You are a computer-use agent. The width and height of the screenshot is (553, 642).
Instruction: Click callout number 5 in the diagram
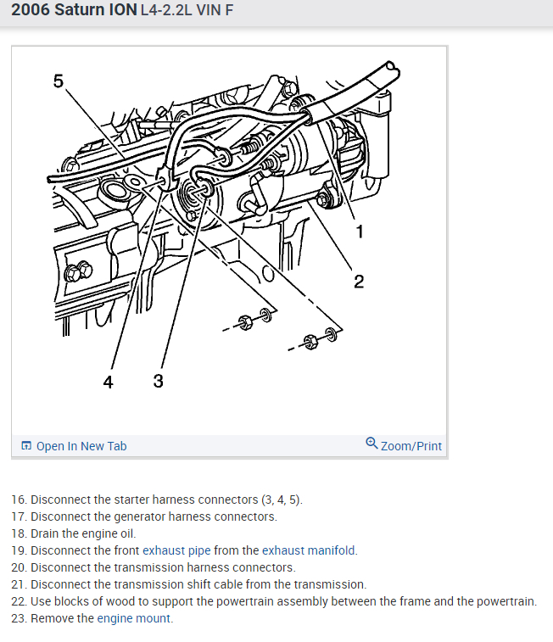59,81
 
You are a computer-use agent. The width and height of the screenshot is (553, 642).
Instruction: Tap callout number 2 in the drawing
359,282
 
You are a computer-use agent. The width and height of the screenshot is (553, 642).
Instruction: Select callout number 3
159,381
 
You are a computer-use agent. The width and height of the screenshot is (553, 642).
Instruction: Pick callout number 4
108,382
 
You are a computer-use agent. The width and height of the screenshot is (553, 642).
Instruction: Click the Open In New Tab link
81,446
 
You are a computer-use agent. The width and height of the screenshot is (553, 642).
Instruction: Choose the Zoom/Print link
411,446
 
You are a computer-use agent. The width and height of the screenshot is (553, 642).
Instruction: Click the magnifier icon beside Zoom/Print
371,444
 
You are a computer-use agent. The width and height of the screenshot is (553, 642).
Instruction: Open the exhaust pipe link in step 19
176,550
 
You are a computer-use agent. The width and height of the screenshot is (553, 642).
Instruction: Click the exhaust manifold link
309,550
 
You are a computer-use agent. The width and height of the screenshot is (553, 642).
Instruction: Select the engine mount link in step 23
134,618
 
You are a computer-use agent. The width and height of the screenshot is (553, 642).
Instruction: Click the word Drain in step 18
46,533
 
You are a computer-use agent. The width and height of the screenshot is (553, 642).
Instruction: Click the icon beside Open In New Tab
26,446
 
